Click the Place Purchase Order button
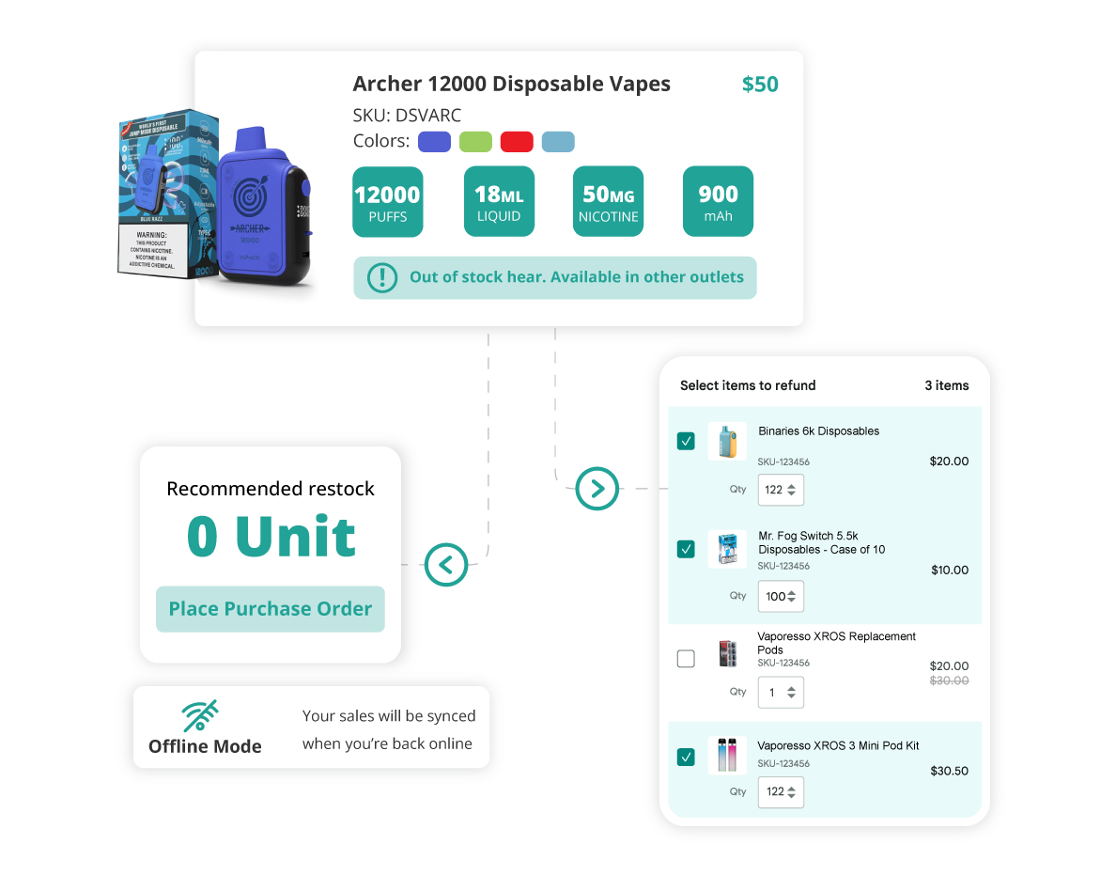pyautogui.click(x=271, y=609)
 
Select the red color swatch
pyautogui.click(x=517, y=142)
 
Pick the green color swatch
pyautogui.click(x=475, y=142)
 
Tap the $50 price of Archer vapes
pyautogui.click(x=760, y=85)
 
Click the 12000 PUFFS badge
pyautogui.click(x=387, y=202)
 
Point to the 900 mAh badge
pyautogui.click(x=718, y=202)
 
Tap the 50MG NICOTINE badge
pyautogui.click(x=609, y=202)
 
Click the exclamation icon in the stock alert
pyautogui.click(x=382, y=277)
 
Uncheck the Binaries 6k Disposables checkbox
pyautogui.click(x=686, y=441)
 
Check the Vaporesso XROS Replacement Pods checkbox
pyautogui.click(x=686, y=659)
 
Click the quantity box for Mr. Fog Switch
pyautogui.click(x=781, y=597)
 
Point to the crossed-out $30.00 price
pyautogui.click(x=949, y=680)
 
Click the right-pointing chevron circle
pyautogui.click(x=597, y=489)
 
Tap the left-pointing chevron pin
pyautogui.click(x=446, y=565)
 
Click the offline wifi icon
pyautogui.click(x=199, y=715)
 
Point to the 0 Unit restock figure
pyautogui.click(x=271, y=537)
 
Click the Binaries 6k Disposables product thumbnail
pyautogui.click(x=726, y=442)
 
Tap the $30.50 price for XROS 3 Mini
pyautogui.click(x=949, y=771)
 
